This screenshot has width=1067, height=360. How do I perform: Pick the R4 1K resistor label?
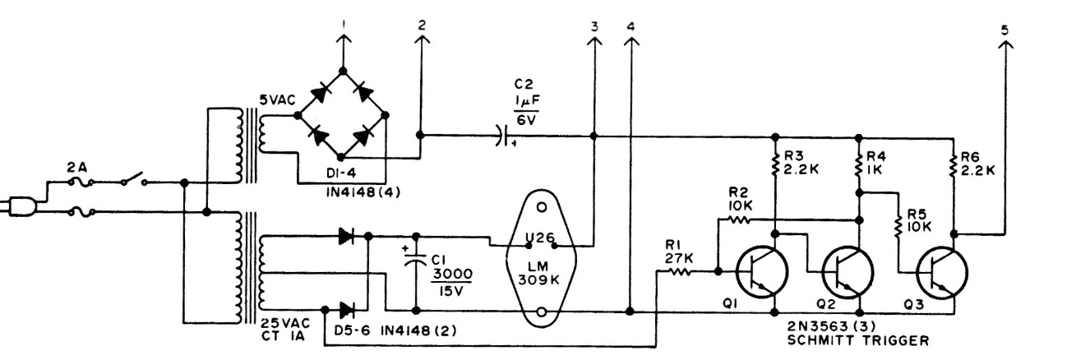(880, 163)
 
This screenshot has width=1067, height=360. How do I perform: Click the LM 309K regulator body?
(541, 261)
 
